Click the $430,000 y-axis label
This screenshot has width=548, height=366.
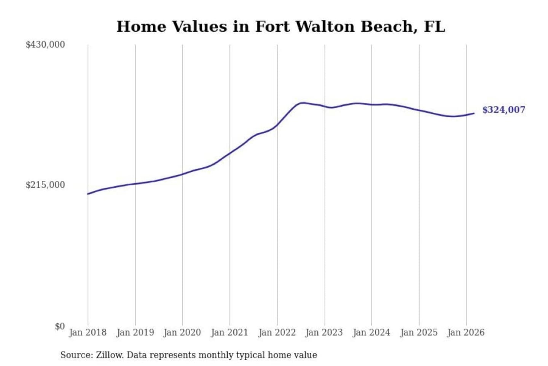(x=45, y=45)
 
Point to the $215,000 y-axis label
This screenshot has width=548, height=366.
(x=45, y=185)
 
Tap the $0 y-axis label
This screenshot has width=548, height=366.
(x=60, y=326)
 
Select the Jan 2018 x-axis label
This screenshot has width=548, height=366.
(x=88, y=332)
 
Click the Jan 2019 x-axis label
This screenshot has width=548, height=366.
(x=135, y=332)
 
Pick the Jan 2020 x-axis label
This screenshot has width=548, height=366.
(x=182, y=332)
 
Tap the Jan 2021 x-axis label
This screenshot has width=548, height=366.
(x=229, y=332)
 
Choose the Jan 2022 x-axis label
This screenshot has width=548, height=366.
(x=277, y=332)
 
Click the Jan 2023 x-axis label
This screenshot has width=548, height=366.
(x=324, y=332)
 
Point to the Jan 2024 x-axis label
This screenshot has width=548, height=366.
(x=371, y=332)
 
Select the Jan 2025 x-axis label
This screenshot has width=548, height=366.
(x=419, y=332)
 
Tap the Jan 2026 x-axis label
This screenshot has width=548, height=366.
(x=466, y=332)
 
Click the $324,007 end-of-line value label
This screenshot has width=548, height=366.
(x=503, y=110)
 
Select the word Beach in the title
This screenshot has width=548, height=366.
(x=387, y=27)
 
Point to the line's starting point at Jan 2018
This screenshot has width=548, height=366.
(x=88, y=194)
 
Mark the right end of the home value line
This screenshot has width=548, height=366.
(x=474, y=113)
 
